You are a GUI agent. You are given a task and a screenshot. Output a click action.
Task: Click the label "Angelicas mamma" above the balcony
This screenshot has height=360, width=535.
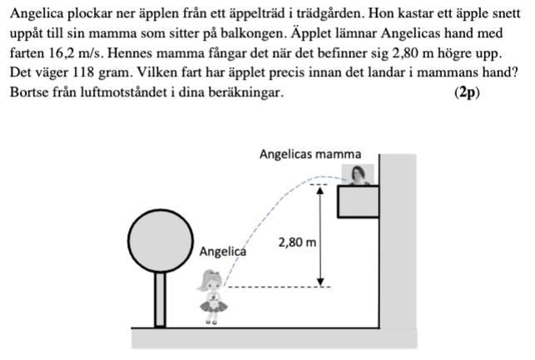(310, 154)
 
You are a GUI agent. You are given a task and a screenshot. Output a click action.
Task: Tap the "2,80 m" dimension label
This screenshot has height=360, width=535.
(297, 243)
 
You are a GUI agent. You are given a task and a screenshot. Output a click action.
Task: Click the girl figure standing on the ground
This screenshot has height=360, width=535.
(212, 295)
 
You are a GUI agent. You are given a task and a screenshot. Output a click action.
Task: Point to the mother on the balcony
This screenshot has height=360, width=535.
(359, 175)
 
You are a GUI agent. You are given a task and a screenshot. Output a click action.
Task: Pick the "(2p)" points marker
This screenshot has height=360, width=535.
(467, 92)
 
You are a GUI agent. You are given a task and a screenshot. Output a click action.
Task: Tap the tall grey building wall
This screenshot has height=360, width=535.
(399, 241)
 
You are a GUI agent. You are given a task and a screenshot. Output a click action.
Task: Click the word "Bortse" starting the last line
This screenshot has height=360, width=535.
(30, 92)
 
